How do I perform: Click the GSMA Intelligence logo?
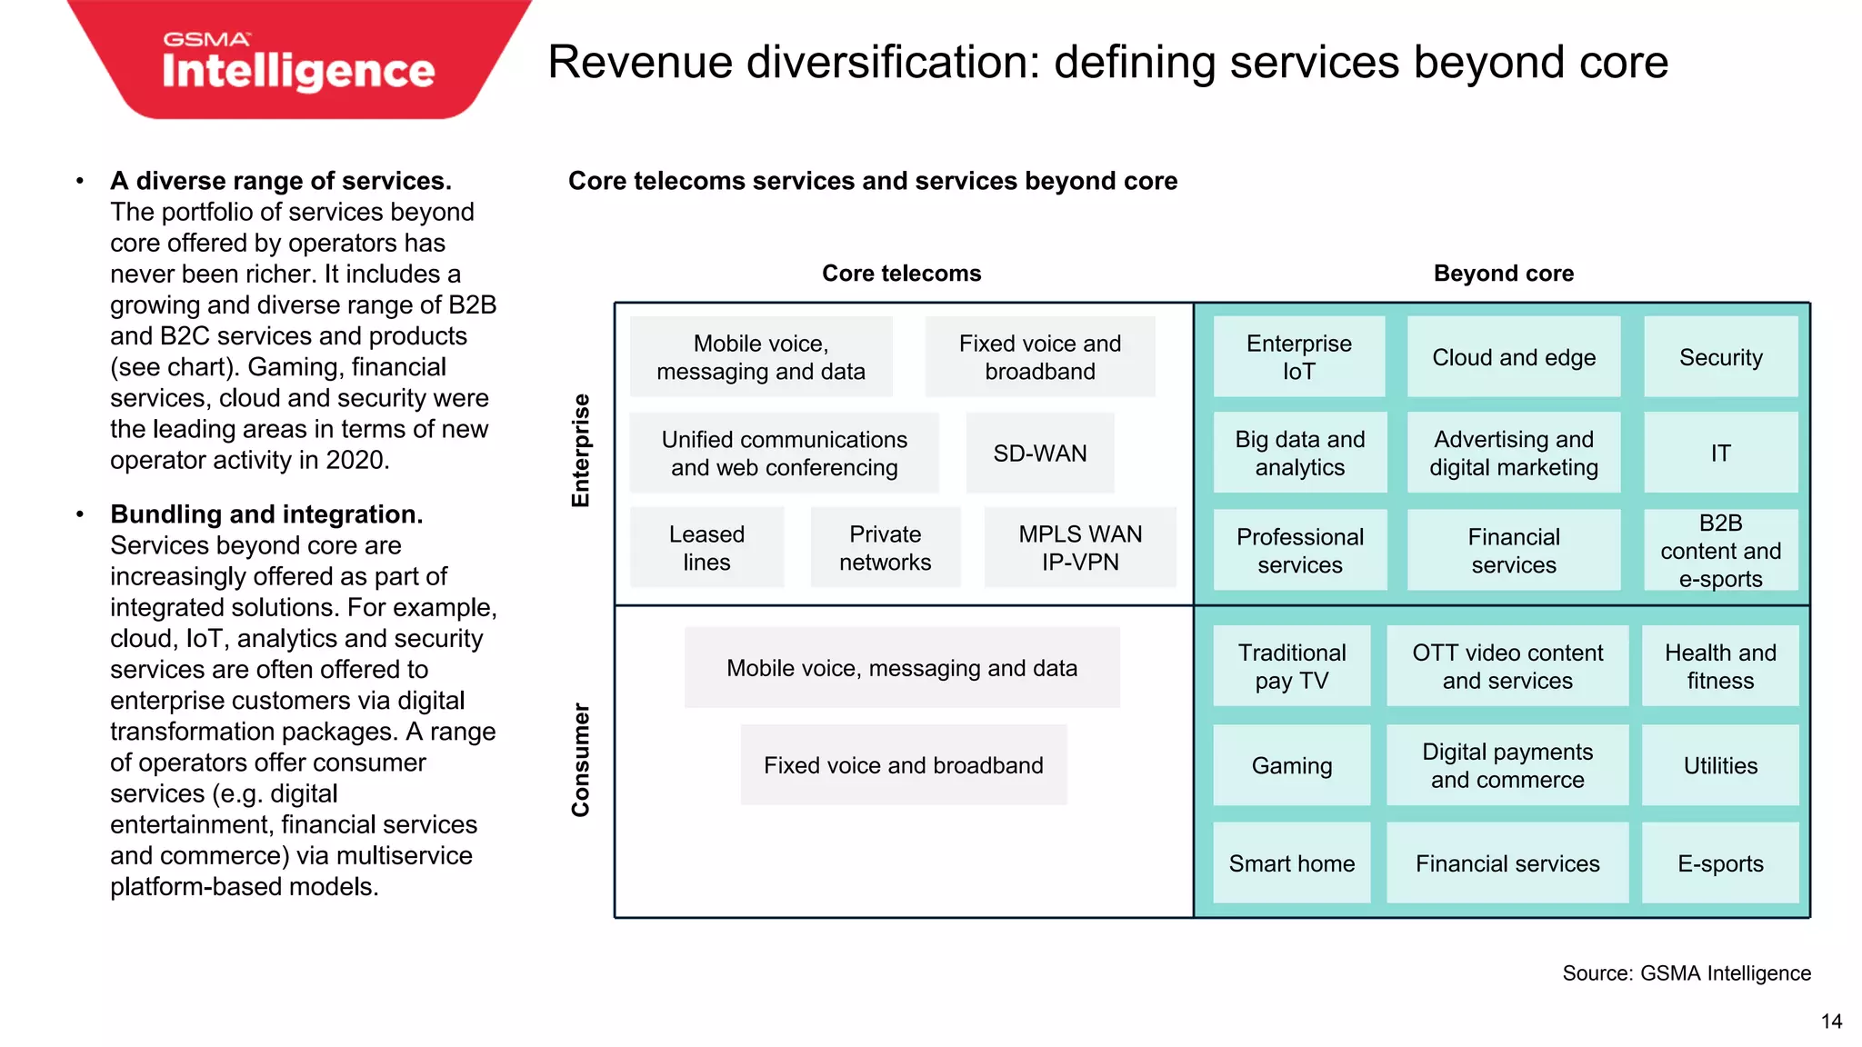(x=298, y=62)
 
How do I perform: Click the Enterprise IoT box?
(x=1299, y=357)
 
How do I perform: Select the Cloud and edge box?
(x=1514, y=357)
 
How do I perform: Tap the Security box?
(x=1720, y=357)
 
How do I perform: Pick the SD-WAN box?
(x=1040, y=454)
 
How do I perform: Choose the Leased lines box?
(x=706, y=548)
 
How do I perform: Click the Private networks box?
(x=885, y=548)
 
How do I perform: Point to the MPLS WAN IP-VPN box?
(x=1080, y=548)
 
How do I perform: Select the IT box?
(x=1720, y=454)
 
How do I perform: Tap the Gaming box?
(x=1291, y=766)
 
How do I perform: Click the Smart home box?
(x=1291, y=863)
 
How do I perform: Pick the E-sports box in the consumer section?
(x=1720, y=863)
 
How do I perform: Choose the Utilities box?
(x=1720, y=766)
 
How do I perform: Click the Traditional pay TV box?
(x=1291, y=667)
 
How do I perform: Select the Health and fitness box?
(x=1720, y=667)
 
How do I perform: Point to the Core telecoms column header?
(x=901, y=274)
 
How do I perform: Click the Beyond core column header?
(x=1503, y=274)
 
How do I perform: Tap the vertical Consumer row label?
(x=581, y=760)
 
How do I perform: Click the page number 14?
(x=1831, y=1022)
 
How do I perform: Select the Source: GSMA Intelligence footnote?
(x=1687, y=973)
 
